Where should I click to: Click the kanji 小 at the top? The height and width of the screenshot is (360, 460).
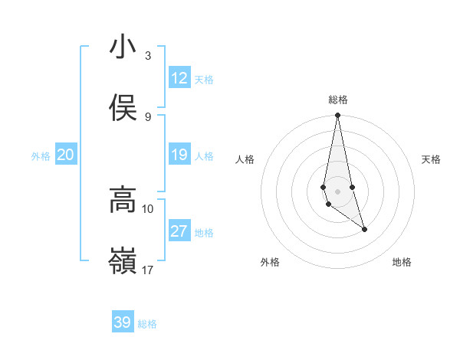[x=123, y=47]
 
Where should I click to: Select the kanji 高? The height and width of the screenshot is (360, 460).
[x=123, y=200]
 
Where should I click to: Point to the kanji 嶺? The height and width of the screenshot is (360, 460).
[x=123, y=262]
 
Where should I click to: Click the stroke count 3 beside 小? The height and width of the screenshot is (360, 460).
[x=148, y=55]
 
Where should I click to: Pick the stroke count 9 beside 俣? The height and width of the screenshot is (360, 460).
[x=148, y=117]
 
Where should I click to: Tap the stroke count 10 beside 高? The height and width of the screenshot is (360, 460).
[x=148, y=208]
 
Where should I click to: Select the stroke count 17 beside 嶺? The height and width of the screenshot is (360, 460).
[x=148, y=270]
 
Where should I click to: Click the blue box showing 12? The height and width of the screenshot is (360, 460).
[x=179, y=78]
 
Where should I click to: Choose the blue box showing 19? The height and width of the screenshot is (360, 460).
[x=179, y=155]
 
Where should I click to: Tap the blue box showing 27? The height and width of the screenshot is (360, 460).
[x=179, y=231]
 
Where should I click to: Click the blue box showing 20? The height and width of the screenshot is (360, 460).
[x=65, y=155]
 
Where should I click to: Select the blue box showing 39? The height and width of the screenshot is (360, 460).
[x=122, y=322]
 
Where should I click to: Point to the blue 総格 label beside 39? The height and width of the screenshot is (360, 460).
[x=147, y=324]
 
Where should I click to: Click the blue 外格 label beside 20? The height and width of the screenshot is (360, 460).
[x=41, y=156]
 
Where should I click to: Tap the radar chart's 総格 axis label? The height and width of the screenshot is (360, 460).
[x=338, y=100]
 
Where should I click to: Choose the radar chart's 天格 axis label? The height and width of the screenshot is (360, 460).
[x=431, y=159]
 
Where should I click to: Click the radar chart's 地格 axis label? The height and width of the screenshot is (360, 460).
[x=402, y=262]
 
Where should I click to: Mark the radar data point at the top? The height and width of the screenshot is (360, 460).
[x=337, y=116]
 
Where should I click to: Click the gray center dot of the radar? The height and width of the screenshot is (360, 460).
[x=337, y=191]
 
